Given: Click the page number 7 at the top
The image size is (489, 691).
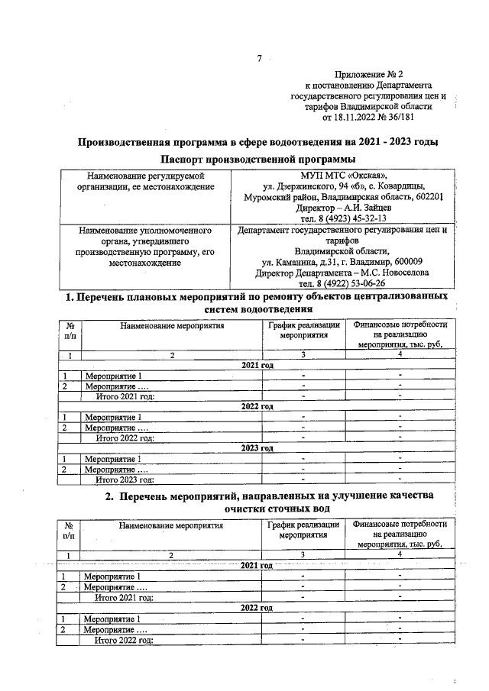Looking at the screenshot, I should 259,59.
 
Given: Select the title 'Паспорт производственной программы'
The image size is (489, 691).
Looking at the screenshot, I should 258,159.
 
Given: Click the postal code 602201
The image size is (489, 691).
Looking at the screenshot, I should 428,196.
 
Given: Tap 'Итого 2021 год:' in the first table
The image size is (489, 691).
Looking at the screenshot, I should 125,396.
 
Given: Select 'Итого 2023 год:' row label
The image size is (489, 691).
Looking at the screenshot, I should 125,480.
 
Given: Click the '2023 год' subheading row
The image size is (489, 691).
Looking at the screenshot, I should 257,448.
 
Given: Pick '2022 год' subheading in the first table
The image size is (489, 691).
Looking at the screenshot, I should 257,407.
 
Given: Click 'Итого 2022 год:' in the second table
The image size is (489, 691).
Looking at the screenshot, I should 125,640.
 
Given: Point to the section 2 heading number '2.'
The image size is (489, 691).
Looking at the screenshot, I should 110,496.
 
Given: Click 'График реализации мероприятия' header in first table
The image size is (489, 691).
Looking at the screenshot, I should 303,330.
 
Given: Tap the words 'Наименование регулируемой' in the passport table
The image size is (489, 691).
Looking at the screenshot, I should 145,175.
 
